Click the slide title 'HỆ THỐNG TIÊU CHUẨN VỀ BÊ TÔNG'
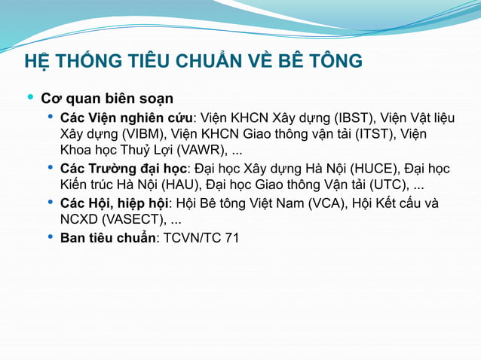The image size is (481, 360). coord(193,61)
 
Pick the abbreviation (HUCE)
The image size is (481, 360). coord(375,169)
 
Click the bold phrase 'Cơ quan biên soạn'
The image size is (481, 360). coord(107,99)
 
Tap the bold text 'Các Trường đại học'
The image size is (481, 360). coord(124,169)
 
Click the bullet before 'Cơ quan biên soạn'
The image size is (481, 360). coord(30,98)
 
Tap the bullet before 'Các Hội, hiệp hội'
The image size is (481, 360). coord(51,203)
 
